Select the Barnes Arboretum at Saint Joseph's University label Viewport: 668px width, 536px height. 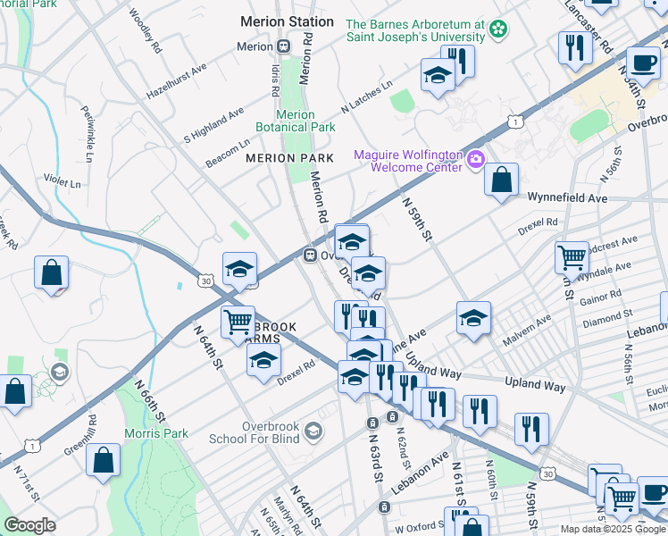coord(414,31)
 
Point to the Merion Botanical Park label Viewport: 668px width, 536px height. coord(296,121)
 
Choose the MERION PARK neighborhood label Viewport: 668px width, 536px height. coord(289,158)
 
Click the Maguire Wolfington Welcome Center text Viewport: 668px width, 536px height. coord(408,161)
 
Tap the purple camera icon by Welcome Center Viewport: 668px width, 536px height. coord(476,161)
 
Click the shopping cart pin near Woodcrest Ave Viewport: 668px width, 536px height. coord(572,257)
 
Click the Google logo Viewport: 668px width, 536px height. coord(29,525)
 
